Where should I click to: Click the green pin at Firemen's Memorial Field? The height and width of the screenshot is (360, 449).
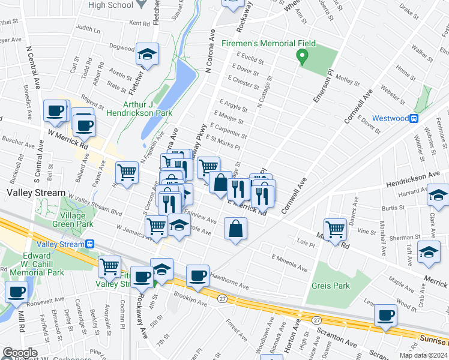coord(303,57)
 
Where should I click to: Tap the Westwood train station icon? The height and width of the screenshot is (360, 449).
coord(414,118)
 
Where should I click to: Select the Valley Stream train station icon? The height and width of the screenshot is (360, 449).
coord(89,244)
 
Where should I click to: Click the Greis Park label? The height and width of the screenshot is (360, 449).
coord(330,286)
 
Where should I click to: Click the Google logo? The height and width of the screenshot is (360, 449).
coord(20,353)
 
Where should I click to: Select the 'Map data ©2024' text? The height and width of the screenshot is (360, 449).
coord(423,355)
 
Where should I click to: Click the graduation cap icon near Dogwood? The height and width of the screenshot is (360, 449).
coord(147,55)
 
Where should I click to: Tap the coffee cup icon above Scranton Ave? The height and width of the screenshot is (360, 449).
coord(385,316)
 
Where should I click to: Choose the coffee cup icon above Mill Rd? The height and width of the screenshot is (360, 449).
coord(17,292)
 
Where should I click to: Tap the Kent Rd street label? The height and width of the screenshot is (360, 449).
coord(139,23)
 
